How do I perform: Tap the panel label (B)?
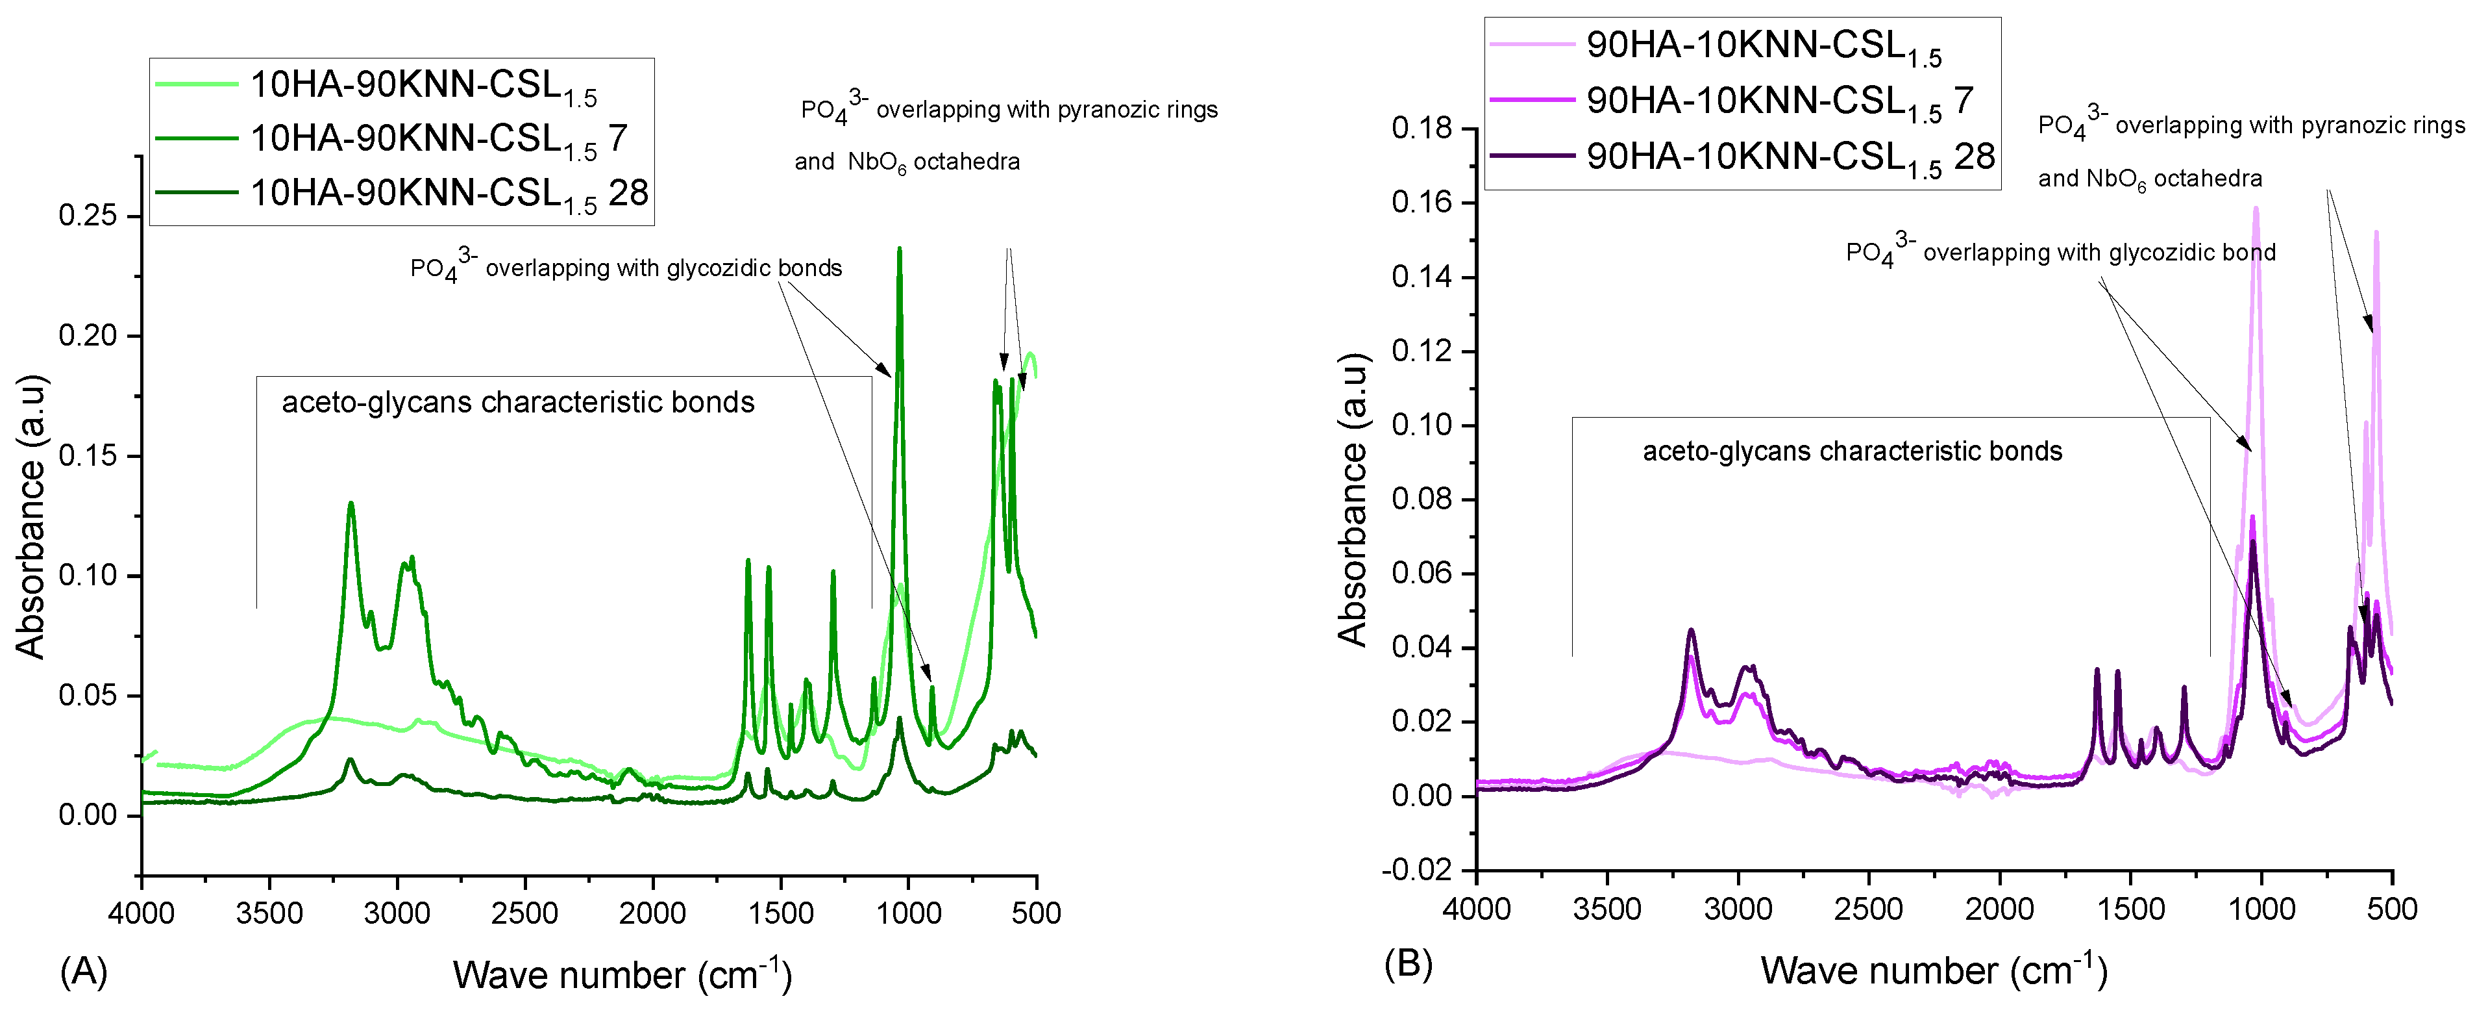pyautogui.click(x=1409, y=963)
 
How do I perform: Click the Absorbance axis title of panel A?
pyautogui.click(x=31, y=516)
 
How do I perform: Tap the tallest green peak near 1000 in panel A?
pyautogui.click(x=899, y=250)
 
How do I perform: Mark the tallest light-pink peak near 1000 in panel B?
pyautogui.click(x=2255, y=209)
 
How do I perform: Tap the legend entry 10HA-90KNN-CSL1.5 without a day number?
pyautogui.click(x=423, y=86)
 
